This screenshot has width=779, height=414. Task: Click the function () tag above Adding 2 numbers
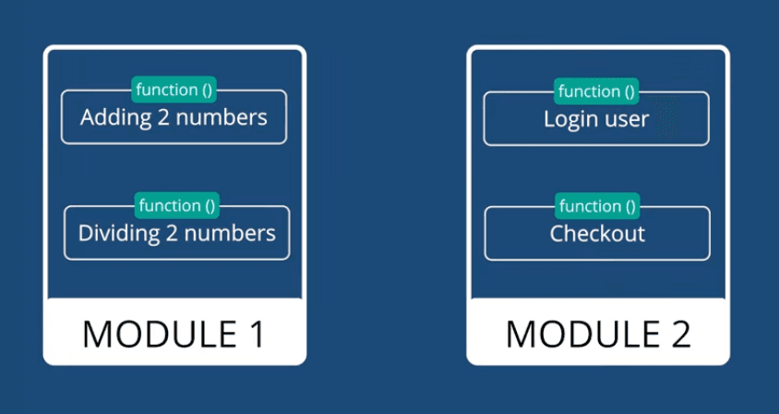tap(174, 90)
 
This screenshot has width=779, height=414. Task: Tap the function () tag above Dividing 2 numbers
tap(176, 205)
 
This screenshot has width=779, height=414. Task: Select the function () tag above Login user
tap(596, 91)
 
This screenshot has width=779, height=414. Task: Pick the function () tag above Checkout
tap(596, 205)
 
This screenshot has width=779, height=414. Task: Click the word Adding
tap(112, 118)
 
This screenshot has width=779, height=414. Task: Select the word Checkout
tap(597, 233)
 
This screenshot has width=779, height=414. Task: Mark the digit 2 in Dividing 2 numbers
tap(172, 233)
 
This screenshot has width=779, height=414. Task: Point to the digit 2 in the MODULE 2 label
tap(679, 334)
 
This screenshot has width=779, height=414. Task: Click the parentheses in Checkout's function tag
tap(628, 205)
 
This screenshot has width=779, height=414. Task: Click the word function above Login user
tap(588, 91)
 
